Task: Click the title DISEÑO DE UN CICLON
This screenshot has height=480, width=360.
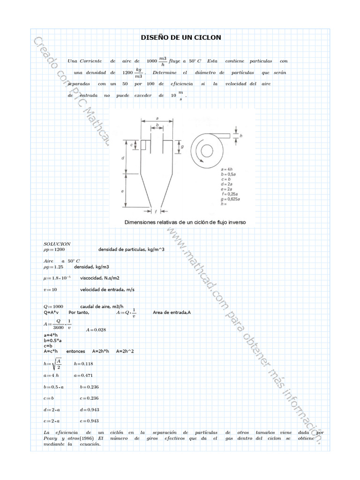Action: tap(181, 37)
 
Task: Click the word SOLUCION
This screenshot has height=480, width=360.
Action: tap(57, 244)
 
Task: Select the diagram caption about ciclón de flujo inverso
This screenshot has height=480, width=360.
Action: tap(185, 222)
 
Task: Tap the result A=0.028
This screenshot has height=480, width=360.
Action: tap(96, 330)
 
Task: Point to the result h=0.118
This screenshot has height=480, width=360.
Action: tap(83, 364)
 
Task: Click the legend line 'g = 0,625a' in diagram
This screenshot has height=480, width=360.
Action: tap(230, 199)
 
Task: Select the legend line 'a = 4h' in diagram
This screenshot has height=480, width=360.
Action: tap(226, 168)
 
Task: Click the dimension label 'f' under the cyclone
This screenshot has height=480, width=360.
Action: tap(155, 211)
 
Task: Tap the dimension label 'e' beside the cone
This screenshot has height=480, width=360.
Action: tap(122, 191)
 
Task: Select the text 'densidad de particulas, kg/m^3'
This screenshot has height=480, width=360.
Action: tap(131, 249)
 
